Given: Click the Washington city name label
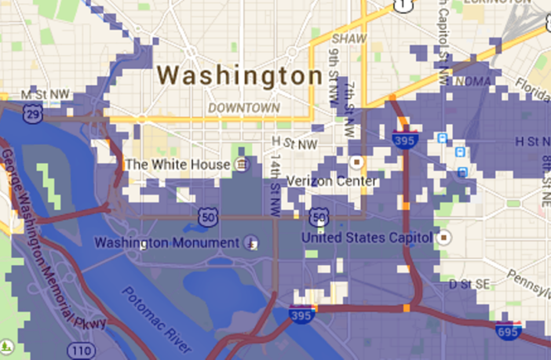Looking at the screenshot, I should (239, 76).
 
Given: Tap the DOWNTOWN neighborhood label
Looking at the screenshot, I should (244, 107).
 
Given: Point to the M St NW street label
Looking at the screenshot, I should (46, 94).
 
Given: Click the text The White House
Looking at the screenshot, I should (178, 165).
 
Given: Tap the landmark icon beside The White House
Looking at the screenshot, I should (243, 165).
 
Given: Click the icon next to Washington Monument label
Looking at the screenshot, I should (252, 242).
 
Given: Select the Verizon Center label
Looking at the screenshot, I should (331, 182).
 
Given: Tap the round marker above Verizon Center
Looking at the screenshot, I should (357, 162).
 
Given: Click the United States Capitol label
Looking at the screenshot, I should (367, 237).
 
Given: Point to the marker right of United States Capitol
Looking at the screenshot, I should (446, 236).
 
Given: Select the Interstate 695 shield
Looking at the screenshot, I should (509, 329).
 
